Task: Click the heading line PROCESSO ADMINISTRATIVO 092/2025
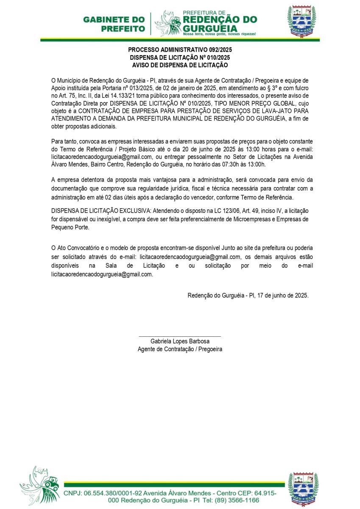tap(180, 50)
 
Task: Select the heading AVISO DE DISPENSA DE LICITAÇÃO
tap(180, 65)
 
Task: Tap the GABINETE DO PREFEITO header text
tap(114, 24)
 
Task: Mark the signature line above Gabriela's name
tap(180, 336)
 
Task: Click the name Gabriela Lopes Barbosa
tap(180, 341)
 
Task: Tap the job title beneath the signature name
tap(180, 350)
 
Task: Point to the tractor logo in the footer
tap(40, 486)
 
